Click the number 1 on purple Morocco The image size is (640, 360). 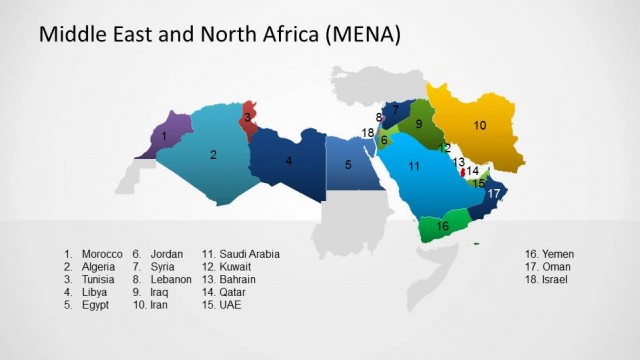click(163, 135)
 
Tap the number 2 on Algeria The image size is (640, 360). click(213, 155)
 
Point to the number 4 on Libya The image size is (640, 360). click(289, 160)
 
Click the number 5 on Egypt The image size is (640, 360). click(348, 165)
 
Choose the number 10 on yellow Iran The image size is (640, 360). click(480, 126)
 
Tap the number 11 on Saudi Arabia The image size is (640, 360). click(413, 166)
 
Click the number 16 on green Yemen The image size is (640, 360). click(443, 227)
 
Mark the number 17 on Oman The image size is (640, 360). click(493, 193)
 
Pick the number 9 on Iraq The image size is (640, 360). click(419, 125)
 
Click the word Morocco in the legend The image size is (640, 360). click(102, 254)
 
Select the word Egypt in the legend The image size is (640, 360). click(96, 305)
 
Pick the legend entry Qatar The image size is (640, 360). click(234, 293)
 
